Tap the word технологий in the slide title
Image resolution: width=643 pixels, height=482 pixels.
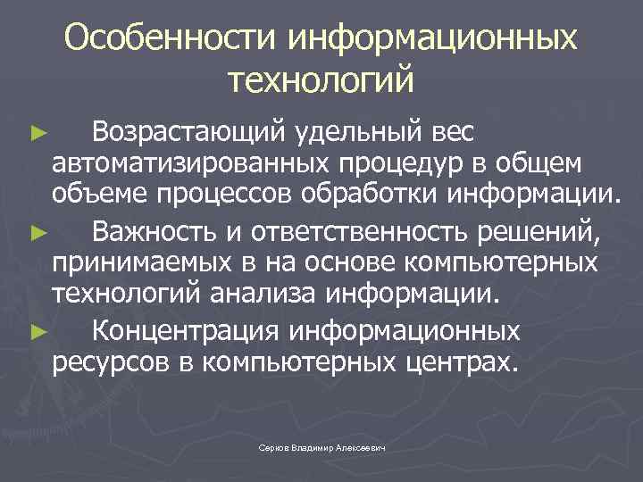pos(321,80)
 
